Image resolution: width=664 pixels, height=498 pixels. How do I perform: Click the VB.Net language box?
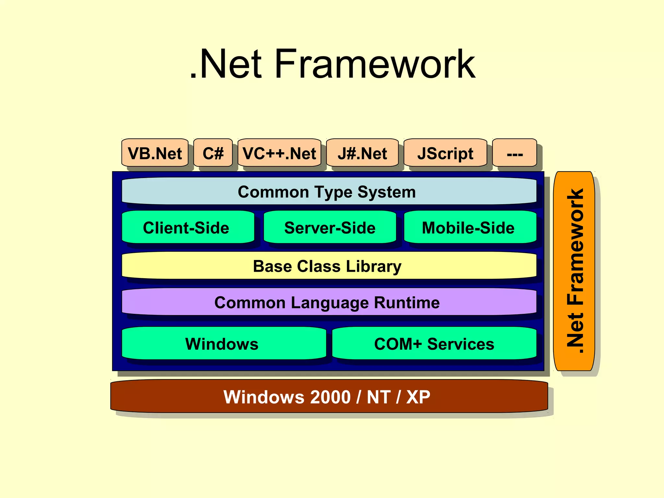point(155,153)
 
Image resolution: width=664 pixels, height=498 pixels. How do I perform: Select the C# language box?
point(213,153)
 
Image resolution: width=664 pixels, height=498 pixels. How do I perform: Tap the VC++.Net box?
point(279,153)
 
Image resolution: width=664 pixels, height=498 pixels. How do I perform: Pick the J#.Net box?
point(362,153)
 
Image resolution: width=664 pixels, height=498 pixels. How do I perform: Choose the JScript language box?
point(445,153)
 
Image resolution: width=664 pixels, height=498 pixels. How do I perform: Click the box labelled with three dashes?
point(515,153)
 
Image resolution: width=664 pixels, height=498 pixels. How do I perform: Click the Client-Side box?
point(188,227)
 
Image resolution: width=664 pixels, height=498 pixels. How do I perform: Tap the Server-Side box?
point(330,227)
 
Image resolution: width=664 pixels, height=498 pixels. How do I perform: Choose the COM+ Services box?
point(434,343)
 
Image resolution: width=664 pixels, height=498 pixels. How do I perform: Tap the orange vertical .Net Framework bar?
point(574,271)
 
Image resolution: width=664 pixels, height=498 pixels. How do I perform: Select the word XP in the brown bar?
point(418,397)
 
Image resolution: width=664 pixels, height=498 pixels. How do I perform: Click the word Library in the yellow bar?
point(373,267)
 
